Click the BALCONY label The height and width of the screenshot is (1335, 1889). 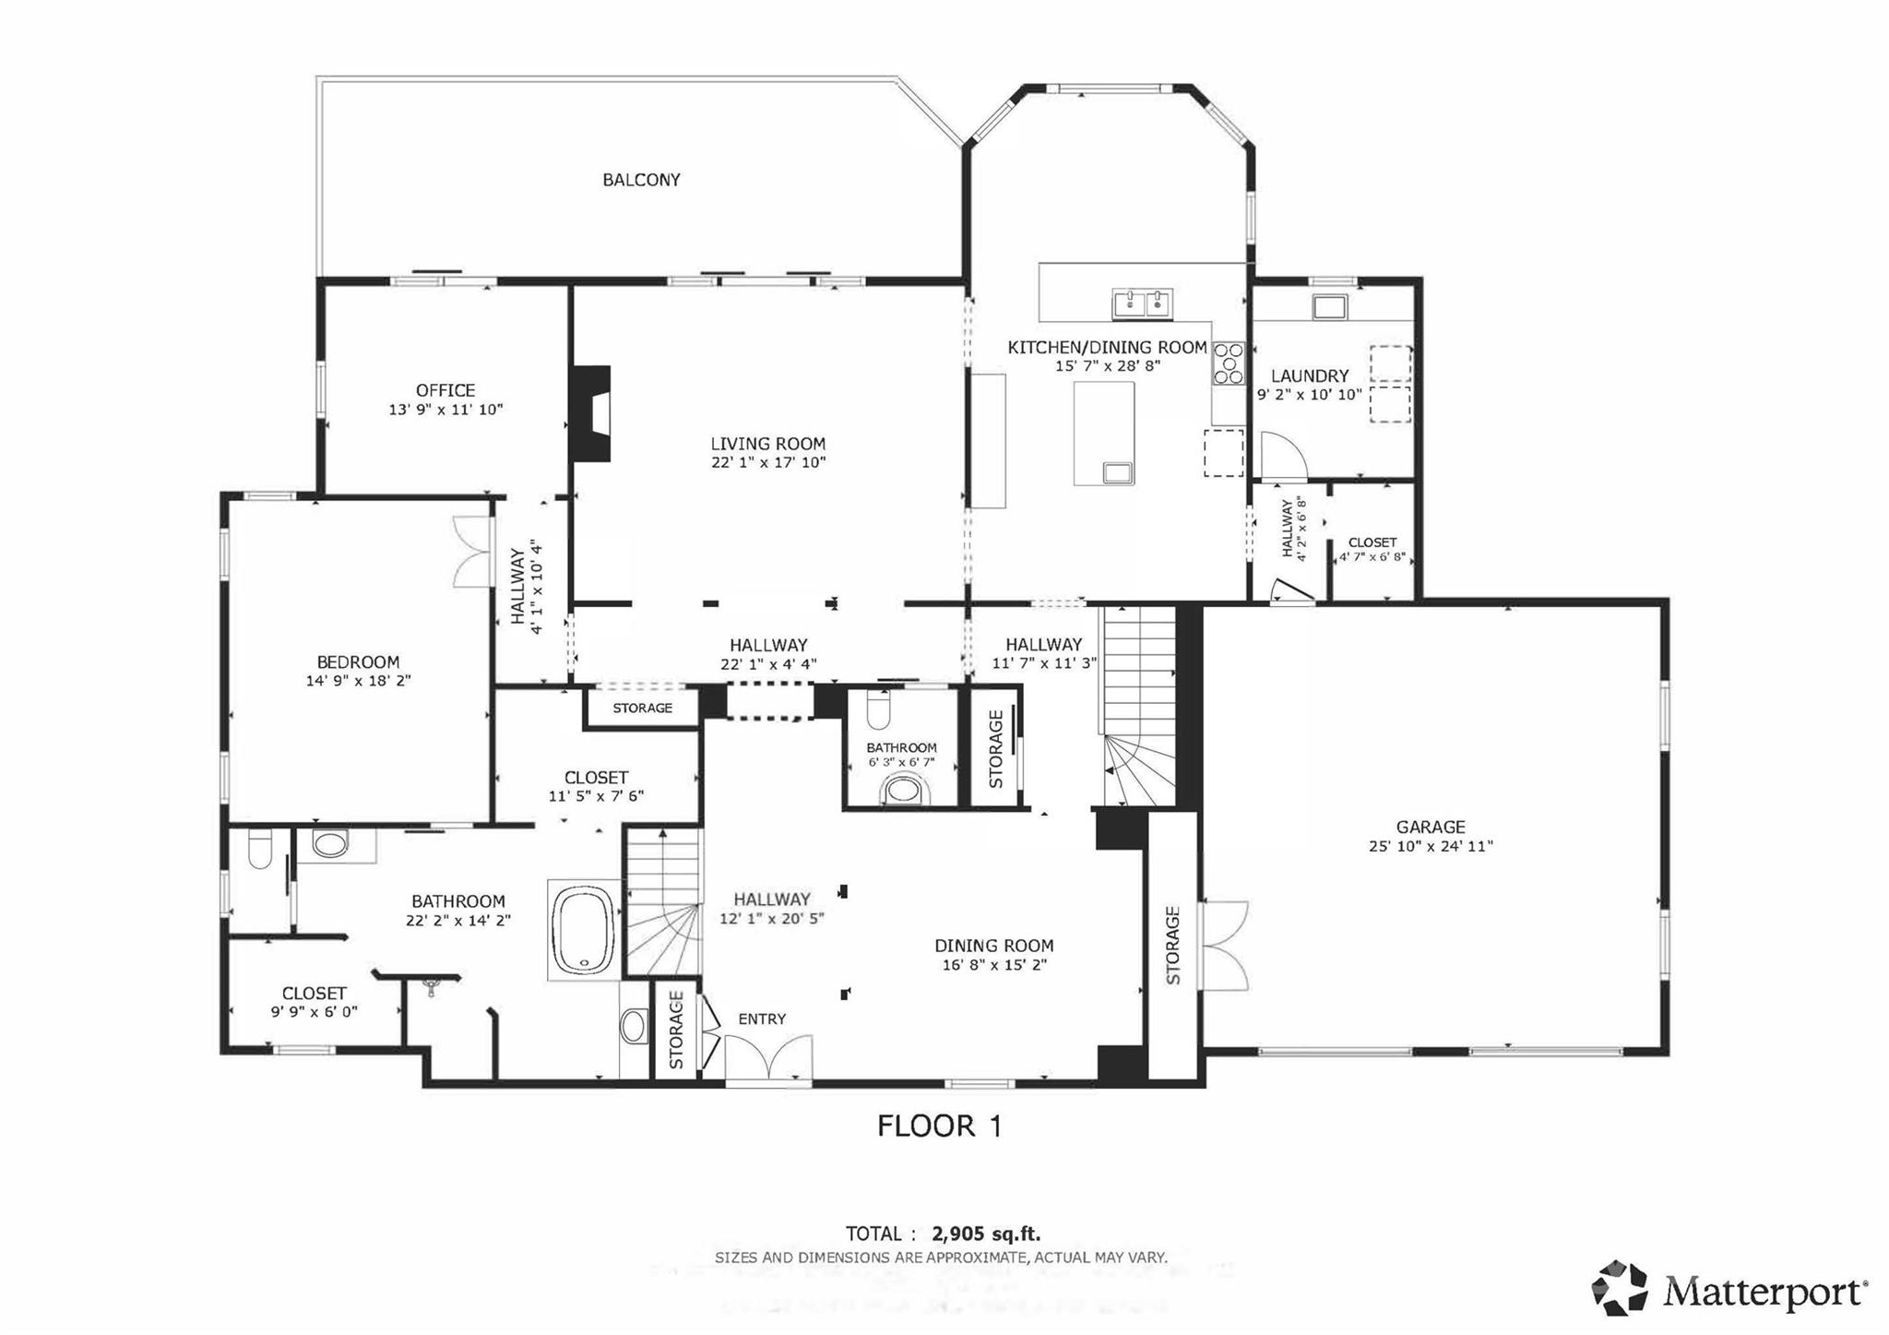coord(641,180)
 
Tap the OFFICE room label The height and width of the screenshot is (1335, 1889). coord(446,390)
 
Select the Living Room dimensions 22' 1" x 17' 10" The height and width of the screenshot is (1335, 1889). coord(768,462)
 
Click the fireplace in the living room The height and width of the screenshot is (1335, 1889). coord(590,413)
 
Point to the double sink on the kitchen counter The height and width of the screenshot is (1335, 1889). coord(1142,303)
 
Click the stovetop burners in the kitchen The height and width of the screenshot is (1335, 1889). coord(1228,363)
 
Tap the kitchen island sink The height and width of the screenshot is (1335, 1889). coord(1119,472)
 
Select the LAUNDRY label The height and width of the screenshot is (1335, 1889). coord(1310,375)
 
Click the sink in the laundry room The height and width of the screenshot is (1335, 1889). coord(1329,306)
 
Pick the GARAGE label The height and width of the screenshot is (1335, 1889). coord(1431,828)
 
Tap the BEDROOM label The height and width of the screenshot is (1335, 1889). coord(358,662)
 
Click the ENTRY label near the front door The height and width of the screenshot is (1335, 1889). coord(762,1019)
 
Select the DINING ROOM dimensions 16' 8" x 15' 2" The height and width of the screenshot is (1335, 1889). coord(993,965)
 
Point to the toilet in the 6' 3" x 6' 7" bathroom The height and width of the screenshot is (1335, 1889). coord(901,791)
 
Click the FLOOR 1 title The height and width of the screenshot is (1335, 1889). coord(939,1126)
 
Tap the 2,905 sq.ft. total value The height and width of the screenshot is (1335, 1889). coord(986,1234)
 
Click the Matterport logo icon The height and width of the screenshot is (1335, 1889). coord(1620,1287)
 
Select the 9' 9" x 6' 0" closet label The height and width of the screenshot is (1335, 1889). coord(315,1011)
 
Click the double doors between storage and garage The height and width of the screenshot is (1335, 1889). coord(1223,946)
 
